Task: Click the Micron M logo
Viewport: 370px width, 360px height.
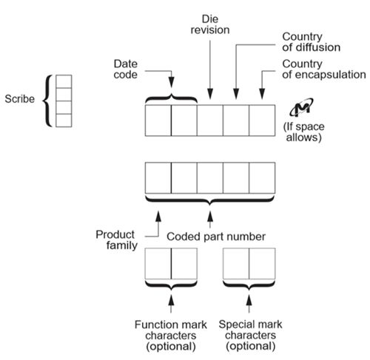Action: pos(301,107)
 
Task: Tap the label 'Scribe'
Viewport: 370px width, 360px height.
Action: pos(20,99)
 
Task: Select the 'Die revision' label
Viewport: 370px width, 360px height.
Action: pos(210,24)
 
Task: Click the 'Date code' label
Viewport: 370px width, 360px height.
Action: pos(125,69)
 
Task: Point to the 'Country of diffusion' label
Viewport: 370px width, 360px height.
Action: pos(312,42)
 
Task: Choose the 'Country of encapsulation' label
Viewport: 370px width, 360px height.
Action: pos(324,69)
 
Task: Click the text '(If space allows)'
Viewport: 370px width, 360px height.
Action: pos(303,132)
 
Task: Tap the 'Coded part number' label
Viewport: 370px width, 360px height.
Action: pos(216,237)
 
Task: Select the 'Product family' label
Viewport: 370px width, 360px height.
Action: pos(116,240)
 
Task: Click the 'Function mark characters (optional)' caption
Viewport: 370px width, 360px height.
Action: pos(171,336)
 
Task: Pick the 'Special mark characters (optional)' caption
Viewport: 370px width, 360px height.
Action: pos(250,336)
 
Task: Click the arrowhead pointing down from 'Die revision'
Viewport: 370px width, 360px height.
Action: pos(210,95)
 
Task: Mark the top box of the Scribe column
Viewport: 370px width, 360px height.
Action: pos(64,81)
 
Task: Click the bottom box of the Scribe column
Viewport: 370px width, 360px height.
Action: pos(64,120)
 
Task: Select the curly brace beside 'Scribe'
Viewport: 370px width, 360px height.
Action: pos(47,101)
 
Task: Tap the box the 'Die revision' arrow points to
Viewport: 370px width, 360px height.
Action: pos(210,120)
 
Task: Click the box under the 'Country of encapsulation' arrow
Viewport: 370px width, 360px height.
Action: pos(262,120)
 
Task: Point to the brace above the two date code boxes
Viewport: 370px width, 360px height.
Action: pos(171,98)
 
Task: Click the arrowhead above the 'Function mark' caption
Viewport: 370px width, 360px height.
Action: pos(171,301)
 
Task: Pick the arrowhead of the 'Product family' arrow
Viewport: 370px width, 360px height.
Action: pos(158,217)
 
